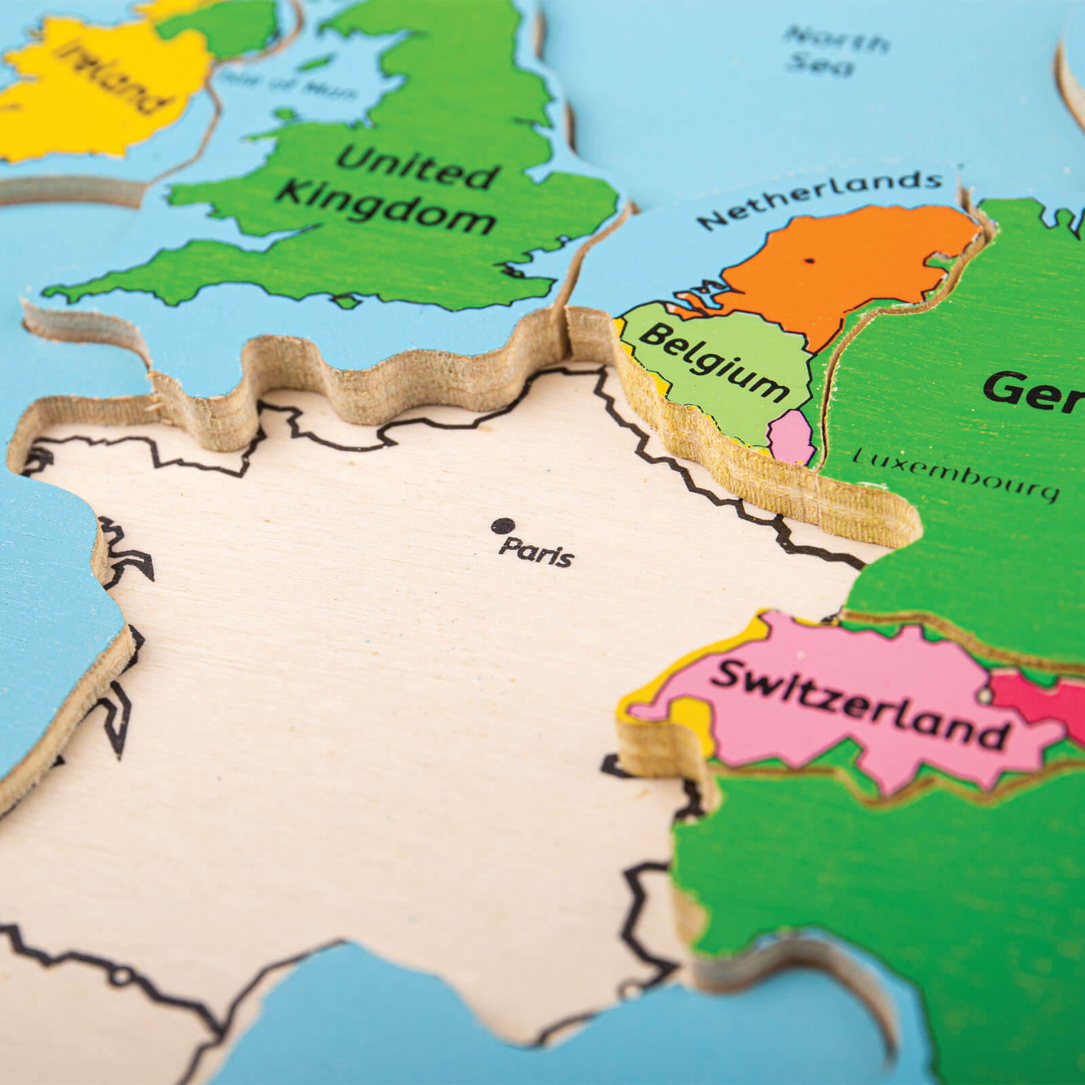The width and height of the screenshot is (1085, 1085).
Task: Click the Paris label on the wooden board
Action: [x=536, y=553]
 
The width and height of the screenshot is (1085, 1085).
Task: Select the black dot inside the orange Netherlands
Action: [x=809, y=260]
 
